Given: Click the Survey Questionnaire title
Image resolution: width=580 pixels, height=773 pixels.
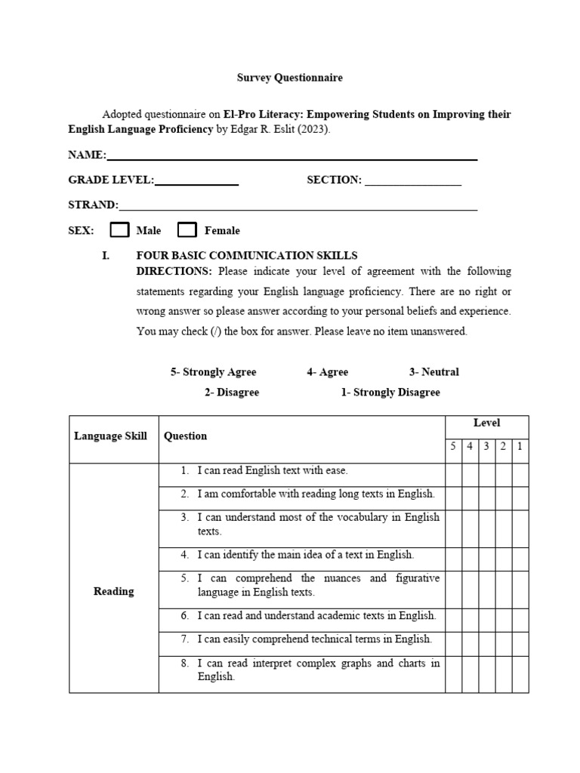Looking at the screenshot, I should [x=290, y=78].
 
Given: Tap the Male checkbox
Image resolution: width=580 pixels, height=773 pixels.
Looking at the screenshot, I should [x=120, y=230].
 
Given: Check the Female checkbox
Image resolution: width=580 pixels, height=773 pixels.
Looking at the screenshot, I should [x=187, y=230].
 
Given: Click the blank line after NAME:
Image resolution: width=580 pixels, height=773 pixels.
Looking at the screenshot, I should [x=292, y=157].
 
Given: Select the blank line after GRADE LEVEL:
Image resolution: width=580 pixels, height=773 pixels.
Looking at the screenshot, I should [x=196, y=182].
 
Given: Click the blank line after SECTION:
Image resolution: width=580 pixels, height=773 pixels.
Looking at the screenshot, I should [x=412, y=182].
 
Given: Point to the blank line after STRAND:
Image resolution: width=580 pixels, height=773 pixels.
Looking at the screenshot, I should [x=298, y=207].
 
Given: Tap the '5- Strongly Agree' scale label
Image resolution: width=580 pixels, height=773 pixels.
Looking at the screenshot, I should [x=213, y=372].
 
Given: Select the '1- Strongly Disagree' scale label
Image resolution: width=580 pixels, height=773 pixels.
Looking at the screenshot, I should [x=390, y=393].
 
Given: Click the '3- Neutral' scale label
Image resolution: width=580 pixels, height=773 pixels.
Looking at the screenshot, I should [x=433, y=372].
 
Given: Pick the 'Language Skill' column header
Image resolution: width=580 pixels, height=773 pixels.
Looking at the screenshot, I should [x=110, y=436].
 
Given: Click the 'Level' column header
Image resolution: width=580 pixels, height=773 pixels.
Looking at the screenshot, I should [x=486, y=423].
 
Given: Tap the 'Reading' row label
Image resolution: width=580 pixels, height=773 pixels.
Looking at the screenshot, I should [x=113, y=592].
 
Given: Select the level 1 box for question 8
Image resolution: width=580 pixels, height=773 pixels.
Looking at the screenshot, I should [x=520, y=670].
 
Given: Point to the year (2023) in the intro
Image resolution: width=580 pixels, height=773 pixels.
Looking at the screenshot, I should [x=314, y=129].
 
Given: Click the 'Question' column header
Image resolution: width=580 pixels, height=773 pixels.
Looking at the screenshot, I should [x=186, y=436].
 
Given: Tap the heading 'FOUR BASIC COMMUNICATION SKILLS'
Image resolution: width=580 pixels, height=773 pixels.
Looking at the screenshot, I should [x=246, y=256].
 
